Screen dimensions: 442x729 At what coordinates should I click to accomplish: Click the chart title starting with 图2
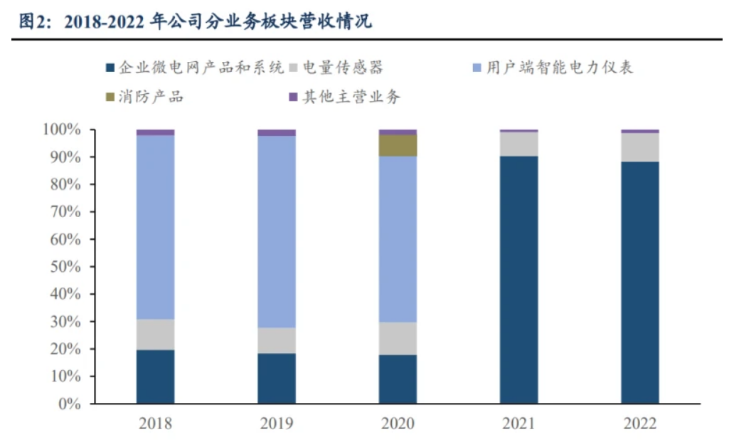195,21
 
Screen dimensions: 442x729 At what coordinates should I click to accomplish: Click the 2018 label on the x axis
155,424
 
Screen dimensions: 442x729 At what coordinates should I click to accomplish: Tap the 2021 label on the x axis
518,424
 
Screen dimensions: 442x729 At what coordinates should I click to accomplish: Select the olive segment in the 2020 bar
398,145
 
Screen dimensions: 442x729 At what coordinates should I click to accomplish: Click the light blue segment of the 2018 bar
155,226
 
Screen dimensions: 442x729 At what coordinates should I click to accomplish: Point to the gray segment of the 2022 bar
639,147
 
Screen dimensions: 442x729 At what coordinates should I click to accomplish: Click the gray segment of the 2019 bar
276,340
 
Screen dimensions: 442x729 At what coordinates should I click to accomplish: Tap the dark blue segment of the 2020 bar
398,379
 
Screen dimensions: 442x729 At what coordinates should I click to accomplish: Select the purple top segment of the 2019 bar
276,132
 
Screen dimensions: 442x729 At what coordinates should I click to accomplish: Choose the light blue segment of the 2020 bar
398,238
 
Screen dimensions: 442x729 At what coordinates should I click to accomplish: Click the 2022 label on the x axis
639,424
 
